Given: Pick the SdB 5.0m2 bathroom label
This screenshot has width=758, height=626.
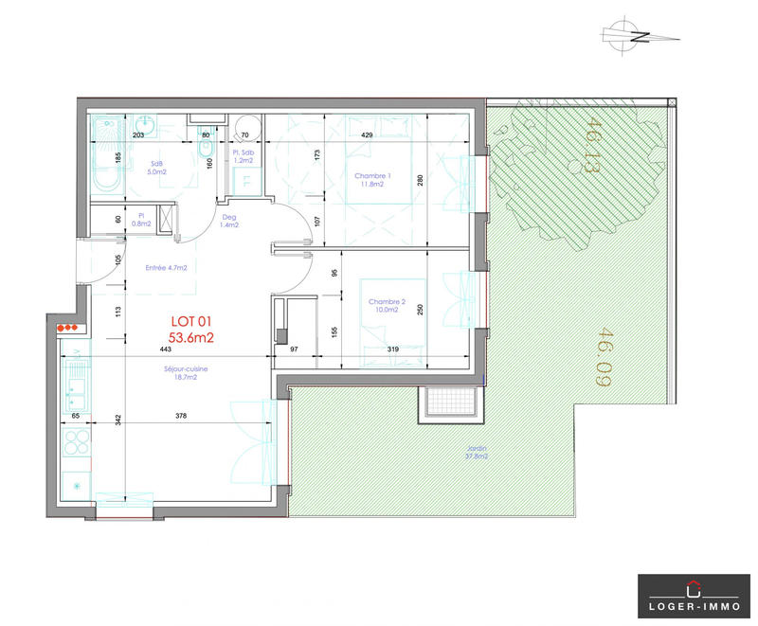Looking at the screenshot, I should (157, 167).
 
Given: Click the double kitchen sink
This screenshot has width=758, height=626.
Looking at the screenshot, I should (76, 382).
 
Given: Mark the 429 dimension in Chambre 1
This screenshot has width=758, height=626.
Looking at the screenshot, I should (366, 136).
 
